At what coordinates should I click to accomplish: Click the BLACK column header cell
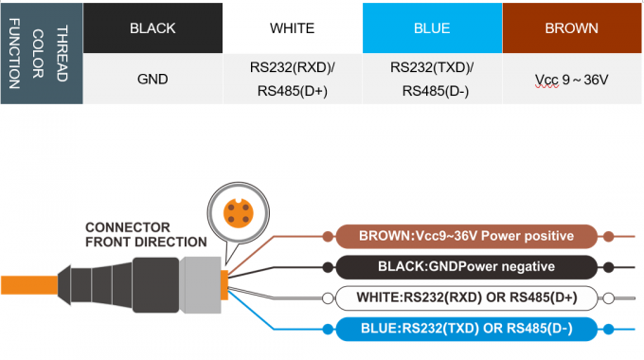[152, 27]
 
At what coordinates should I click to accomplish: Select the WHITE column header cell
[293, 27]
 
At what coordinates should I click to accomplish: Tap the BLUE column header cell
[432, 27]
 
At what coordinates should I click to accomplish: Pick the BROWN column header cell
[571, 27]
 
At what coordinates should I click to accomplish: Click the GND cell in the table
[152, 79]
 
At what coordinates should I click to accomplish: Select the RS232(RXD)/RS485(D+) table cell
[293, 79]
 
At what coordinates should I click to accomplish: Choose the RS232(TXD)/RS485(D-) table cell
[432, 79]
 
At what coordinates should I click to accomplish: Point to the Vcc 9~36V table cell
[571, 79]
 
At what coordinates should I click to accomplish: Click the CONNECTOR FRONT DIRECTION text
[145, 235]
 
